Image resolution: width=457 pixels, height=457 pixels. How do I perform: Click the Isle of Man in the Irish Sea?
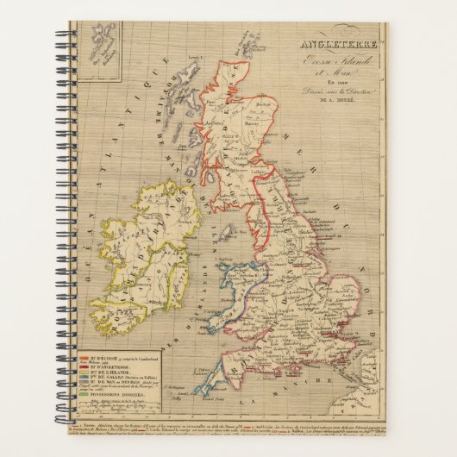point(227,233)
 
